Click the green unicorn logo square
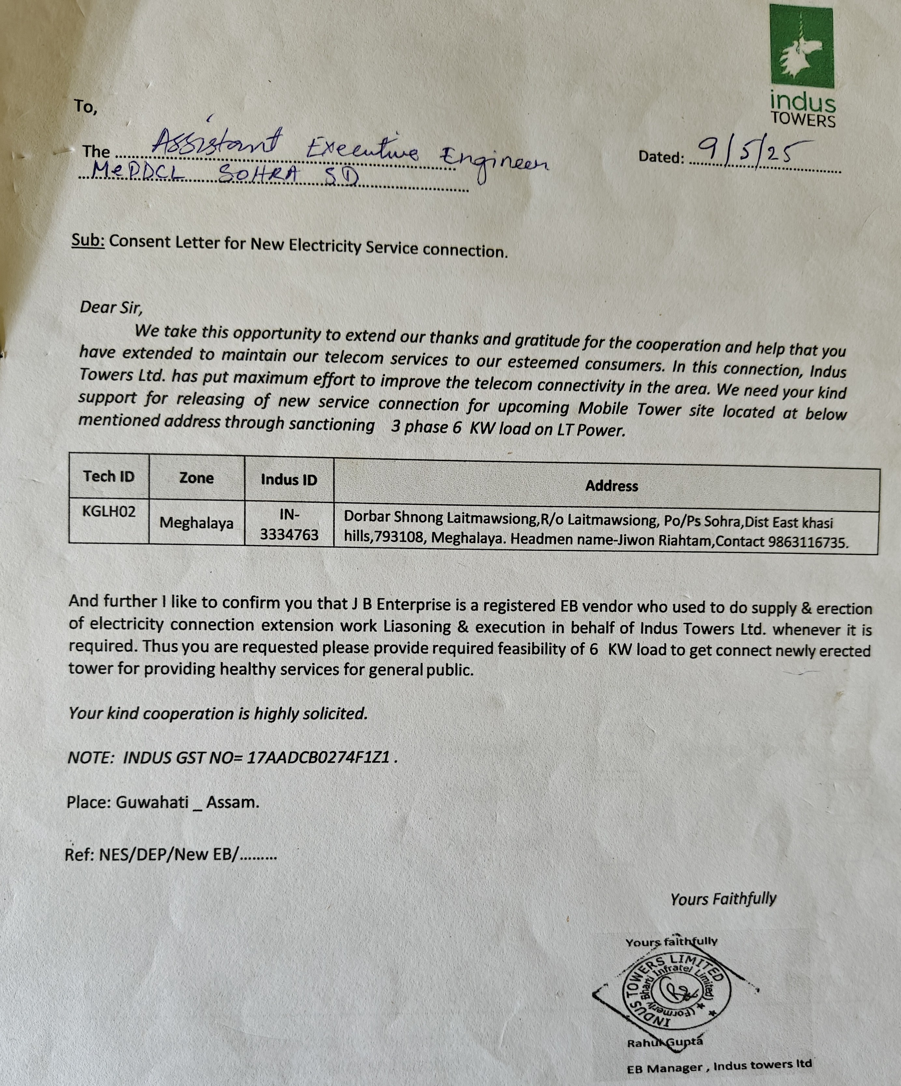pos(801,47)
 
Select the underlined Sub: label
pos(88,240)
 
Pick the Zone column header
pos(196,478)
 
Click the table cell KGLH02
pos(108,512)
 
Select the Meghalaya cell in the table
pos(196,523)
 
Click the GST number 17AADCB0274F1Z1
pos(318,758)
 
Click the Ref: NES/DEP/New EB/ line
pos(171,854)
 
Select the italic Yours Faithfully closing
pos(723,899)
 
